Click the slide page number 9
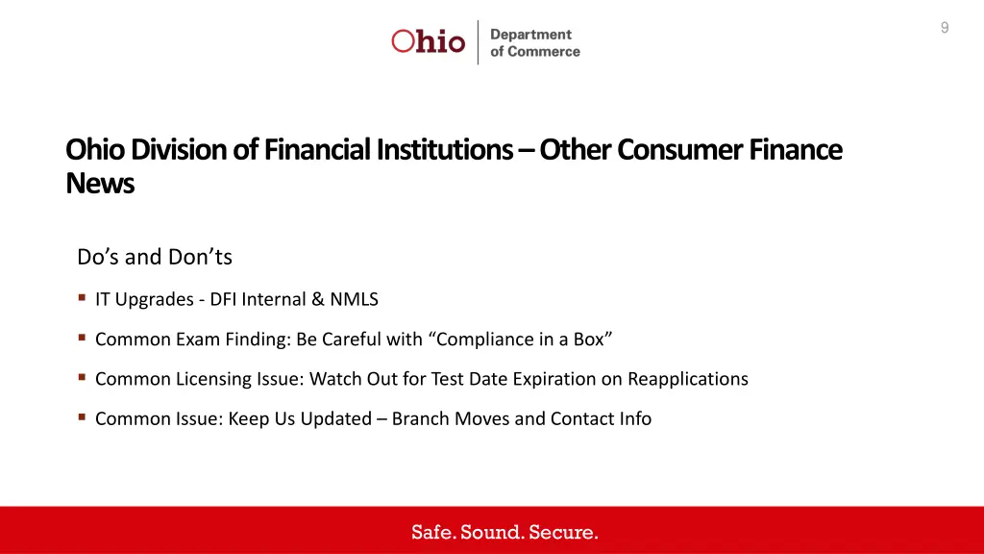(945, 28)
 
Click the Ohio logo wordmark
(429, 41)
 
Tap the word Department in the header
(530, 34)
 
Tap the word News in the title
(100, 183)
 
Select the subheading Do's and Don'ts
(155, 257)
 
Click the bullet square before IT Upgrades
(83, 298)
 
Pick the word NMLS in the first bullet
(354, 299)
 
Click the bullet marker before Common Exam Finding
(83, 338)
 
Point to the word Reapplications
(687, 379)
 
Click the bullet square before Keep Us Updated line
(83, 417)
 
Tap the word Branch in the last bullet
(422, 418)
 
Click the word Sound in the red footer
(491, 532)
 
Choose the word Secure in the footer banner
(563, 532)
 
